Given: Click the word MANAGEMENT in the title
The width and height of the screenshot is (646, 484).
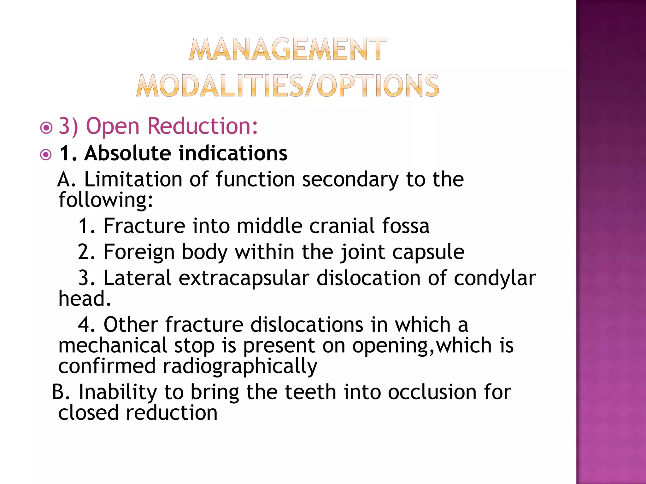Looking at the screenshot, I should point(288,49).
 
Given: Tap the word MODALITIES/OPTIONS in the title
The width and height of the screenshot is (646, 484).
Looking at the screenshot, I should point(288,86).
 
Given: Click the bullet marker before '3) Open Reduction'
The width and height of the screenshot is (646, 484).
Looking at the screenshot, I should point(46,128).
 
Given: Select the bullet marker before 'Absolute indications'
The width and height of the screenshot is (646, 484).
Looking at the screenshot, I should point(46,155).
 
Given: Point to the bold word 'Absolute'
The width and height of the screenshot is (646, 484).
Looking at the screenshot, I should point(128,153).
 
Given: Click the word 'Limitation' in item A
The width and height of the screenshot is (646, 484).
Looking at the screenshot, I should point(133,179).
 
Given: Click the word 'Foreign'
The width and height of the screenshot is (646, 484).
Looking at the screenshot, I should point(139,252).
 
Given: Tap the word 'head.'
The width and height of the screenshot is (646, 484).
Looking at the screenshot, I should point(85,298).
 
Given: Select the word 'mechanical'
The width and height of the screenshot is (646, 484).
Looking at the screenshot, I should point(113,345).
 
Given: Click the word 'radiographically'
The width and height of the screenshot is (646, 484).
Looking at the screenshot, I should point(240,367).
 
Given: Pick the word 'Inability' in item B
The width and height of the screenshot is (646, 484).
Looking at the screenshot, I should point(117,393).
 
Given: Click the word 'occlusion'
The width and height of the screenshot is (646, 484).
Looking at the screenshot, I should point(432,392).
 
